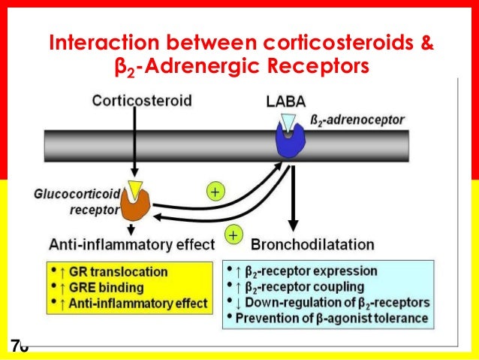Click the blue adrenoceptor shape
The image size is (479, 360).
click(289, 141)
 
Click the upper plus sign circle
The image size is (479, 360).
click(215, 192)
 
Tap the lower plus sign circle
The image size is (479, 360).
click(233, 235)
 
